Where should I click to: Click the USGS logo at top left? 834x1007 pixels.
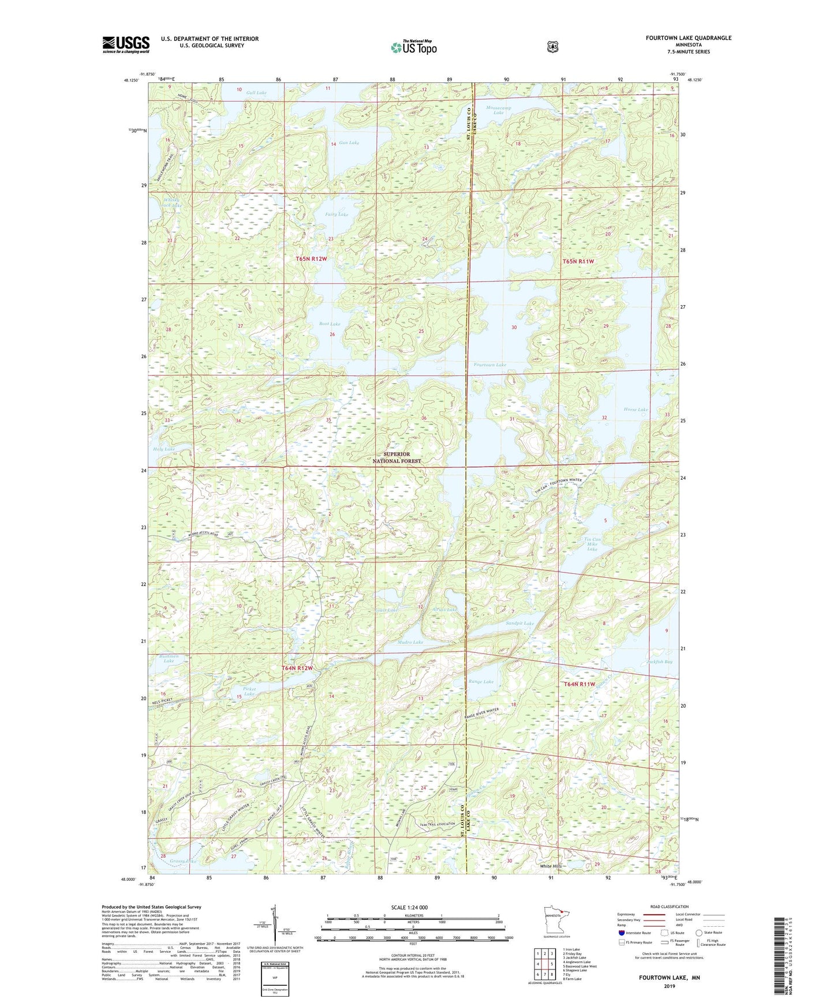pos(126,44)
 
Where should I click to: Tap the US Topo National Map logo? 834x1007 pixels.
pos(413,47)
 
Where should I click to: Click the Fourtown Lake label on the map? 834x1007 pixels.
pos(489,365)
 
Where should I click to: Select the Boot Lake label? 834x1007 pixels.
pos(330,324)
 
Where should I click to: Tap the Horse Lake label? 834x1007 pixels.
pos(635,409)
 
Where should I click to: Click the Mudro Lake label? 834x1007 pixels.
pos(410,642)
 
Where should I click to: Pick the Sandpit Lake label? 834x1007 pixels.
pos(519,623)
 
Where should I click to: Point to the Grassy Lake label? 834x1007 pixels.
pos(183,862)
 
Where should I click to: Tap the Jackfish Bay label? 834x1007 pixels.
pos(659,662)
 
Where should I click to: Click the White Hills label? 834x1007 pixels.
pos(550,866)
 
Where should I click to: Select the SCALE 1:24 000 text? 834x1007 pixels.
pos(409,908)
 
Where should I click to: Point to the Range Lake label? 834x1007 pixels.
pos(481,682)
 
